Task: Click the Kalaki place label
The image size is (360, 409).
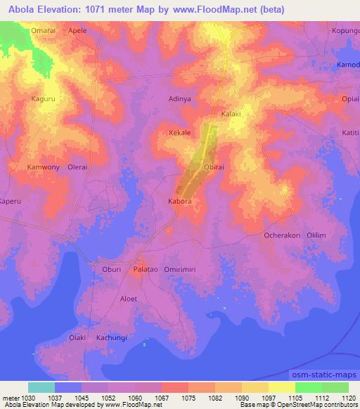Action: (231, 114)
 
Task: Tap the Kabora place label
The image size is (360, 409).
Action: (180, 201)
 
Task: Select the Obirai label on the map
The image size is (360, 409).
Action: (213, 167)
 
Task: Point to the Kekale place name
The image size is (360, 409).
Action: (181, 132)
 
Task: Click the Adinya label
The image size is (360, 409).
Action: (180, 99)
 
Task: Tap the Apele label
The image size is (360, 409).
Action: (77, 32)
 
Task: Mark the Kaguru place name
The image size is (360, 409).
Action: (43, 99)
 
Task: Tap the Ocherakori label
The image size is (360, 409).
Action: (283, 235)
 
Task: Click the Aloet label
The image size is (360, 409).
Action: (129, 299)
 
